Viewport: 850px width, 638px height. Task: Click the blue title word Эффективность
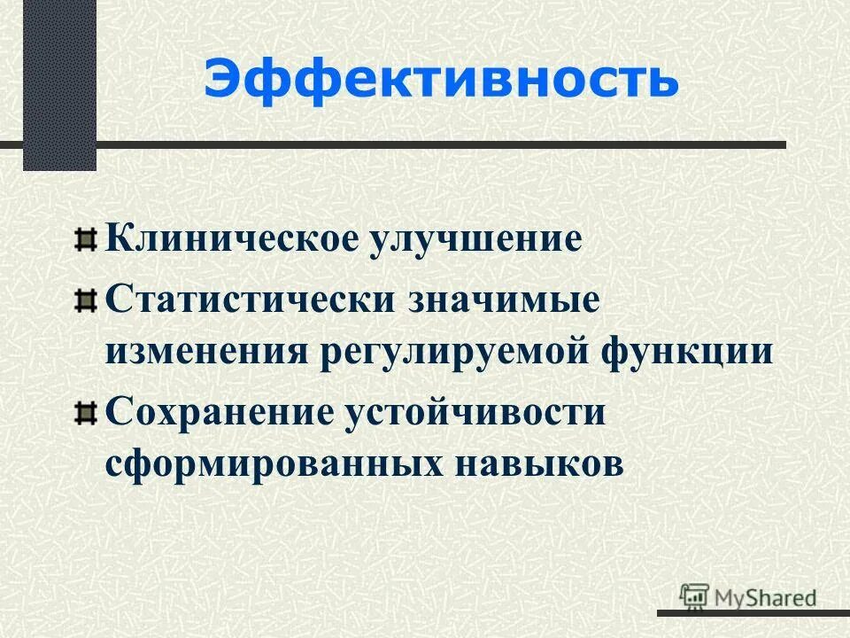(441, 81)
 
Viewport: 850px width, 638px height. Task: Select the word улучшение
(473, 240)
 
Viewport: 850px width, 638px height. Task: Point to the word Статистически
(251, 299)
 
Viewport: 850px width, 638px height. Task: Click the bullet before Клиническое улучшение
(85, 240)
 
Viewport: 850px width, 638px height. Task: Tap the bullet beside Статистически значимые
(85, 300)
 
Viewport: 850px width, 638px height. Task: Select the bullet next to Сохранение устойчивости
(85, 413)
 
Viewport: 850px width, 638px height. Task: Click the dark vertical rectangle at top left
(59, 84)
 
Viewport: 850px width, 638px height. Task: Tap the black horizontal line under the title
(443, 144)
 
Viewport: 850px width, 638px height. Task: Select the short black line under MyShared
(753, 611)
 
